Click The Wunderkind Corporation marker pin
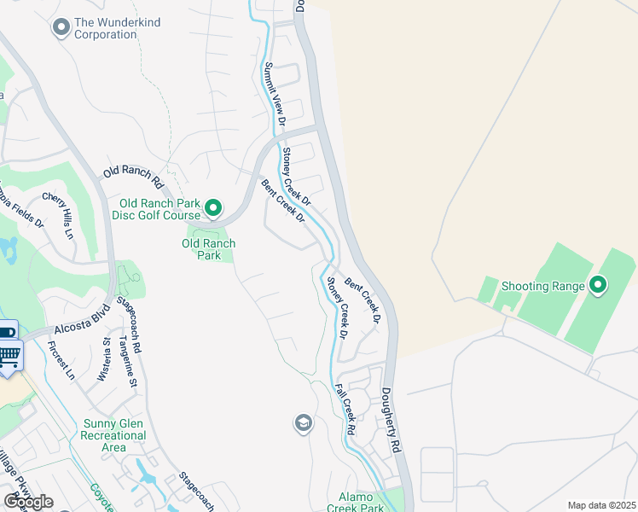pos(61,28)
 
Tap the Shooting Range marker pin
pos(597,285)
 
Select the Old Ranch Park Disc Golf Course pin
pos(213,208)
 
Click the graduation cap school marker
pos(303,423)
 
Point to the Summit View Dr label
pos(273,96)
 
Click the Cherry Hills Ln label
pos(59,216)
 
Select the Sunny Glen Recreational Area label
pos(115,435)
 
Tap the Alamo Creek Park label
pos(356,502)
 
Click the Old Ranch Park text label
pos(208,249)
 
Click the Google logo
pos(28,502)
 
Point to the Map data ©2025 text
pos(600,505)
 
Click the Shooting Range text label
pos(542,286)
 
